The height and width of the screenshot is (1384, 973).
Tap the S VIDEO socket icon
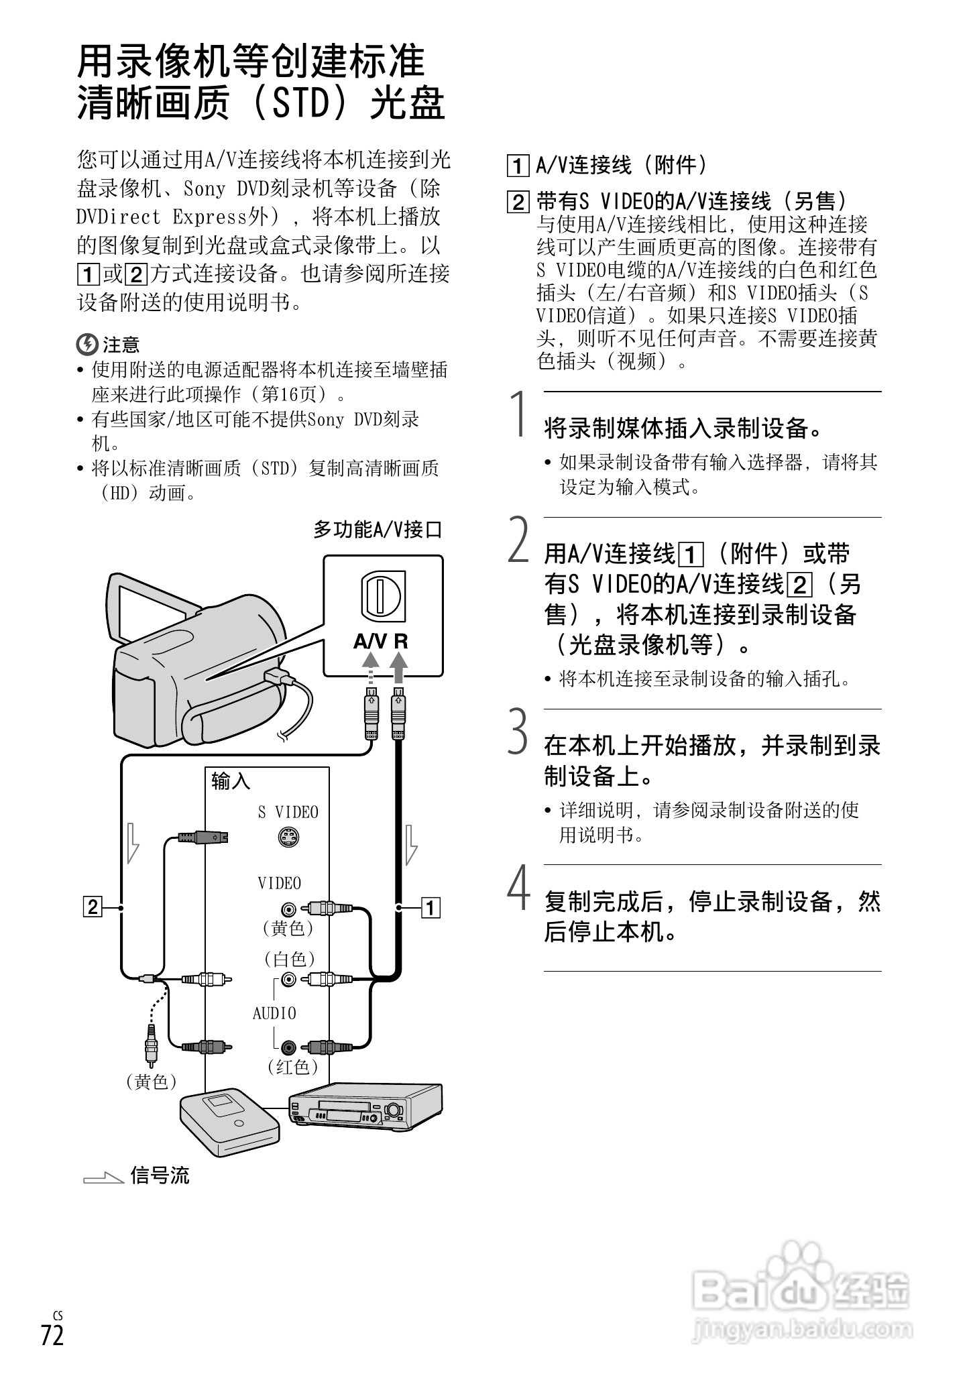click(x=288, y=837)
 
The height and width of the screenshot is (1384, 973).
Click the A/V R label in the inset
click(x=380, y=642)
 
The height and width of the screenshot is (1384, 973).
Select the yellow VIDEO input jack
click(x=289, y=909)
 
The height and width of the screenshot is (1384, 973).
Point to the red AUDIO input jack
click(x=289, y=1047)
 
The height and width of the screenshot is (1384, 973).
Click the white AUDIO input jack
click(x=289, y=980)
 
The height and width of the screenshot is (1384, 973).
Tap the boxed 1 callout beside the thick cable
click(x=431, y=908)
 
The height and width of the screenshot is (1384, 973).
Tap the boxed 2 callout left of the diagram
click(x=93, y=908)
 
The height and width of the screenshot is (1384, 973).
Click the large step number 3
click(x=518, y=732)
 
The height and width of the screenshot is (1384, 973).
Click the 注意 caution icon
click(x=87, y=345)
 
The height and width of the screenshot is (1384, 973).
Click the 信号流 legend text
click(x=160, y=1175)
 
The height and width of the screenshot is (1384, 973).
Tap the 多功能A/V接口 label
click(x=378, y=530)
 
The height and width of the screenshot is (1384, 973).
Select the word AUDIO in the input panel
click(x=274, y=1013)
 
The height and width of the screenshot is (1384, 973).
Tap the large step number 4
click(x=518, y=888)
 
